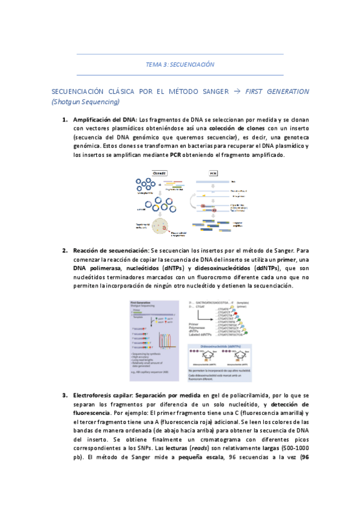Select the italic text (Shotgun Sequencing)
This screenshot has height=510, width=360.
84,102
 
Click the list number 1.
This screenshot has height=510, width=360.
64,120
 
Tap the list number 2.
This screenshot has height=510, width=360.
64,250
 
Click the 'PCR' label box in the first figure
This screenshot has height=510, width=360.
213,173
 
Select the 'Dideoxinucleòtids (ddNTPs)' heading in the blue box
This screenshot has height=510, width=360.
224,348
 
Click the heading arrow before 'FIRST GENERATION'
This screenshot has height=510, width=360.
237,91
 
